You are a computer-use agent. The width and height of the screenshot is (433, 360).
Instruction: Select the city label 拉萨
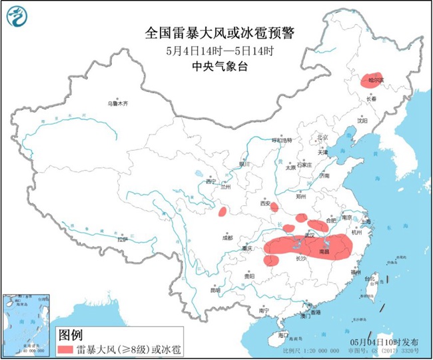click(x=122, y=239)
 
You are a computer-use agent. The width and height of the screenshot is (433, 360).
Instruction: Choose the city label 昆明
click(x=214, y=290)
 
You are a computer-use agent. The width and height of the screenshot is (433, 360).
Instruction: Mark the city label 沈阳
click(x=362, y=121)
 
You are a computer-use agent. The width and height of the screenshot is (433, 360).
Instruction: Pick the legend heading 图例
click(x=71, y=333)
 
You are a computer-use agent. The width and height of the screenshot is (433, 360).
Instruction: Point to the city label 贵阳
click(x=248, y=275)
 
